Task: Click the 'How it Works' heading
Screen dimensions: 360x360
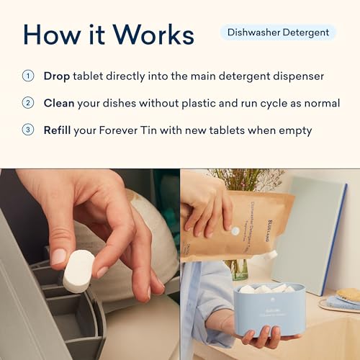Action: tap(108, 34)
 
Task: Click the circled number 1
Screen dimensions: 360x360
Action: tap(28, 76)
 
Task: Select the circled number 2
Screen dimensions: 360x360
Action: tap(28, 103)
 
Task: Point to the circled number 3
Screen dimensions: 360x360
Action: tap(28, 130)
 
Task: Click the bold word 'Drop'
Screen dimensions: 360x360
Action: tap(57, 76)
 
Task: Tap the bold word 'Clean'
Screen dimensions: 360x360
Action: tap(60, 103)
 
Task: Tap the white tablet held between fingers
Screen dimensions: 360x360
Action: tap(78, 270)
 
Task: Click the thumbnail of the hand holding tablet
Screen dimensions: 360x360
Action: tap(89, 264)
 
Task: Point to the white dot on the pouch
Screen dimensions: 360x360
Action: tap(235, 231)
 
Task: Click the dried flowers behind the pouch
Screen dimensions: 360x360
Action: tap(238, 180)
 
